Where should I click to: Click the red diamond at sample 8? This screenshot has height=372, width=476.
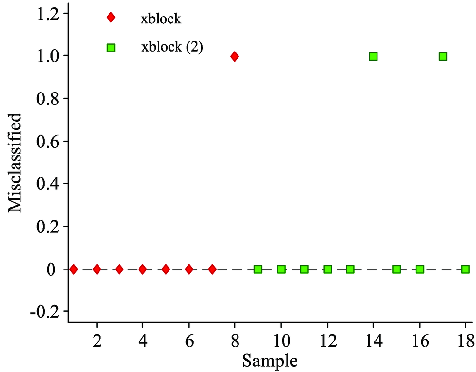(x=234, y=56)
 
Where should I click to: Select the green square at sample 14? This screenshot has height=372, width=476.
(x=373, y=56)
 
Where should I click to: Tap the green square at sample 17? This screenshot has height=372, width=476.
(x=443, y=56)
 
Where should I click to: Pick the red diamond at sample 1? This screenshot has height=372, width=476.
(x=74, y=269)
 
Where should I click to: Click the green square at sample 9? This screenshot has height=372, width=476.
(x=258, y=269)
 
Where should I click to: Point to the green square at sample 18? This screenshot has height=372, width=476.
(x=466, y=269)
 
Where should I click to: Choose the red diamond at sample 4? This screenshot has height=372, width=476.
(x=142, y=269)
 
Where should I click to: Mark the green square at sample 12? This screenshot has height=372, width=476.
(x=327, y=269)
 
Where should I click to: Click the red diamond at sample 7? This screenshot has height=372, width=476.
(x=212, y=269)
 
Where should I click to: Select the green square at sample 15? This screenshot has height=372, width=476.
(x=397, y=269)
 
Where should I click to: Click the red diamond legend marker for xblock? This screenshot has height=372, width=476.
(x=111, y=18)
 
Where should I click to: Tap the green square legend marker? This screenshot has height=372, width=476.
(x=111, y=48)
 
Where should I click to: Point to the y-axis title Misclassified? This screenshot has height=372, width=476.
(x=15, y=163)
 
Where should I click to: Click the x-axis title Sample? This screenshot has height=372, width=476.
(x=270, y=361)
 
